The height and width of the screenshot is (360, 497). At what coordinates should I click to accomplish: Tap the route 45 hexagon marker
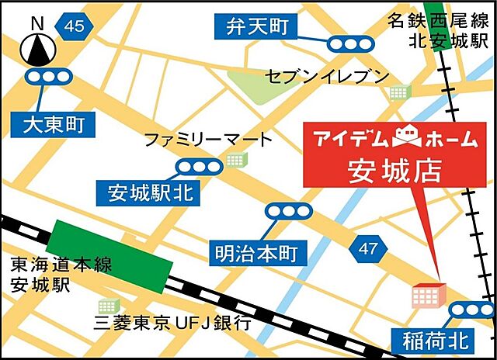coord(75,26)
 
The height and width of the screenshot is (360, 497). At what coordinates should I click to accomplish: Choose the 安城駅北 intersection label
coord(147,192)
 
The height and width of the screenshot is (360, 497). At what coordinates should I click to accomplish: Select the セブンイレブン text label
coord(326,75)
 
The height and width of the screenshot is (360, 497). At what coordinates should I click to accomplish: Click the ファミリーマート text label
coord(209,140)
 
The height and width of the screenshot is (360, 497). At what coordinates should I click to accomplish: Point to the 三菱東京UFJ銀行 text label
coord(172,324)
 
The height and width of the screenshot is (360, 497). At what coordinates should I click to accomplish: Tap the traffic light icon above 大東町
coord(48,76)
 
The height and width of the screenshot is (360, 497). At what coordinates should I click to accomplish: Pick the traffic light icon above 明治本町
coord(289,211)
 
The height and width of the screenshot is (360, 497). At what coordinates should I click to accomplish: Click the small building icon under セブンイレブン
coord(400,92)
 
